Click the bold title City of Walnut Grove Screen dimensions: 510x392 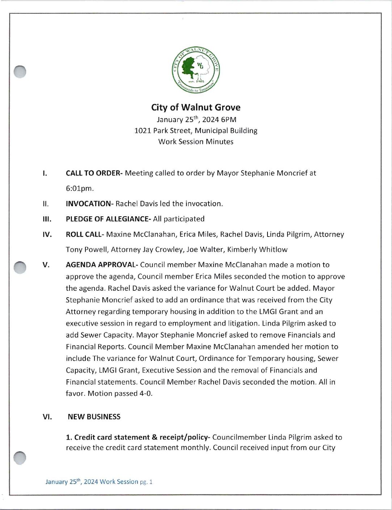click(196, 107)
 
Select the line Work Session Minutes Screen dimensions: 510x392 click(196, 142)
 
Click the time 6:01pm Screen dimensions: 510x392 click(80, 188)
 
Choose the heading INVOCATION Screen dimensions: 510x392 click(89, 204)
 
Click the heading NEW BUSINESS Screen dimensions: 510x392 click(94, 417)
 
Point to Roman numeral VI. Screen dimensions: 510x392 click(47, 417)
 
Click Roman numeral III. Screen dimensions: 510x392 click(47, 219)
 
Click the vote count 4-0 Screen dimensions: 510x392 click(146, 393)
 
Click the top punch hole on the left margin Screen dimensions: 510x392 click(20, 72)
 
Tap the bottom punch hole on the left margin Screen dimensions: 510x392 click(20, 458)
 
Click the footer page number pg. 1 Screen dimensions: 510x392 click(146, 482)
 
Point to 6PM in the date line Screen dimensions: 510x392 click(228, 120)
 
